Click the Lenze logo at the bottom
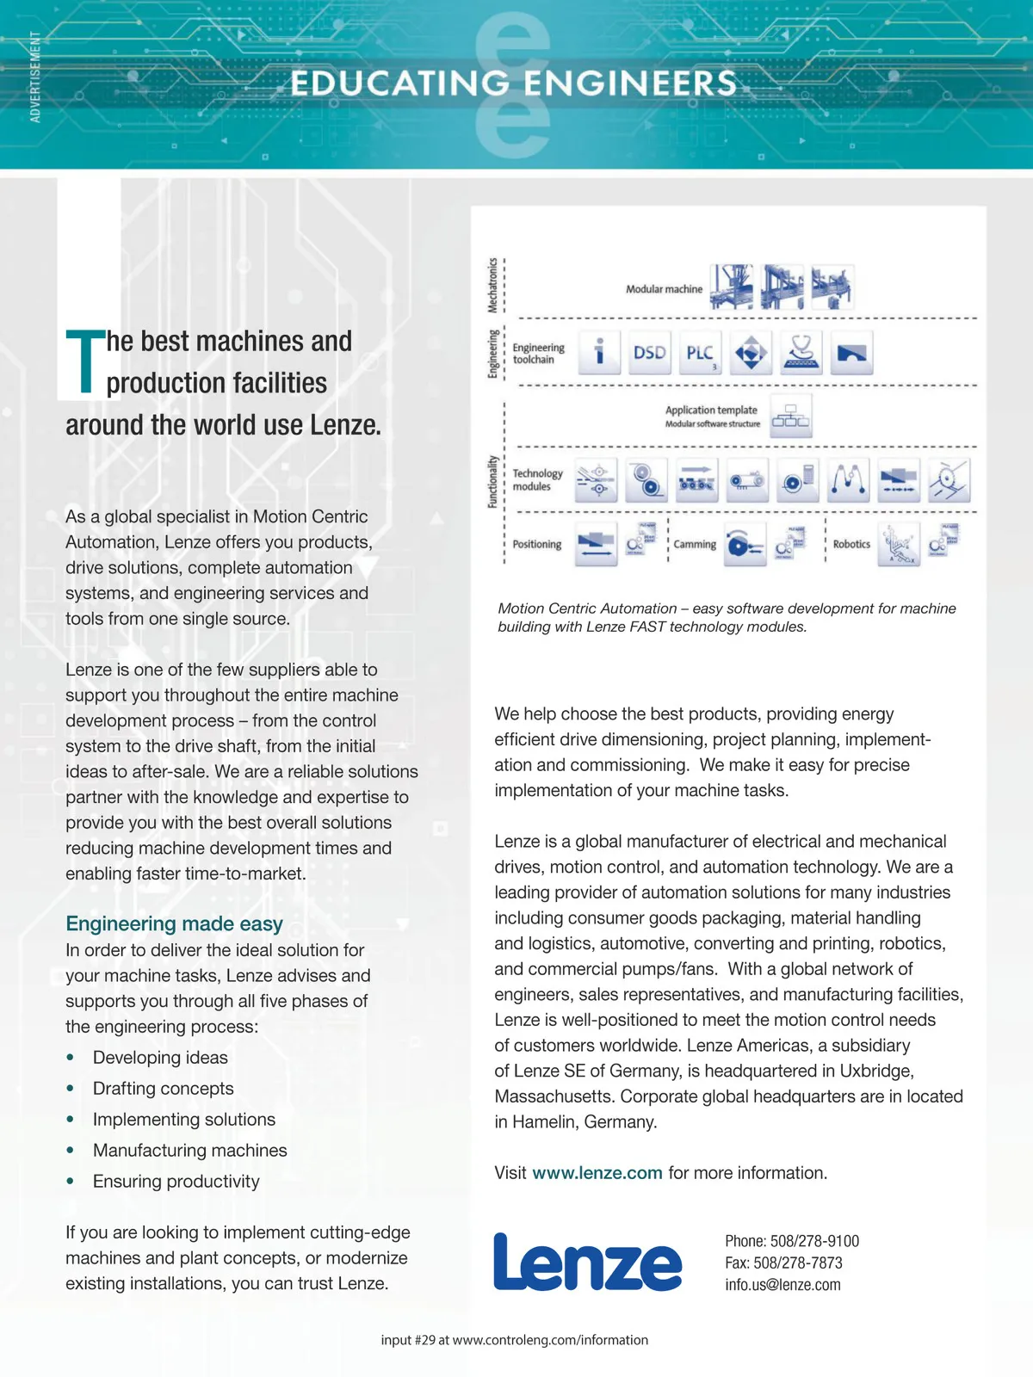587,1263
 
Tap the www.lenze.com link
597,1173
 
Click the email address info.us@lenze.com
782,1285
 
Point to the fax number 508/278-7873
798,1263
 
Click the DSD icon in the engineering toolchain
650,353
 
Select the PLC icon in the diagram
700,353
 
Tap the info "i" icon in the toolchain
599,353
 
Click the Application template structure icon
790,417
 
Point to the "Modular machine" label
664,289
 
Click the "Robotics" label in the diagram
851,544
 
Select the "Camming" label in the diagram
695,544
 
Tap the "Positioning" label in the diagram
536,544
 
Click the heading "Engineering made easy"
174,923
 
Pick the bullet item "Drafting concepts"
163,1089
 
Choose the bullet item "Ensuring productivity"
176,1182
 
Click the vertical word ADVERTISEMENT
35,77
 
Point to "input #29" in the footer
408,1340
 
